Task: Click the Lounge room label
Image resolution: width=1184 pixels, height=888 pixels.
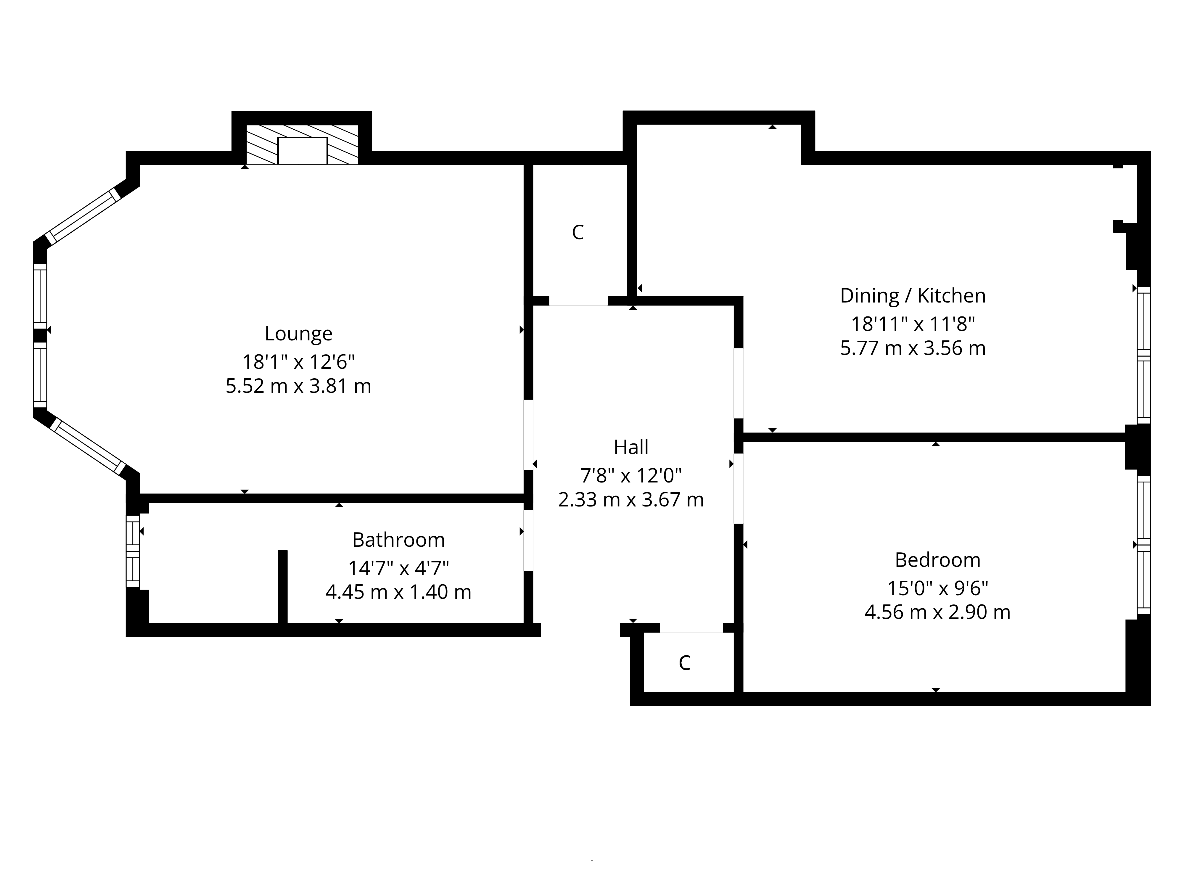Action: click(x=298, y=334)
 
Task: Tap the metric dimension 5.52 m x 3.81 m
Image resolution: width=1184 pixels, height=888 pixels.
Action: click(x=298, y=386)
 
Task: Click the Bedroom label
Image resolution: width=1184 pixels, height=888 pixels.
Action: click(x=937, y=560)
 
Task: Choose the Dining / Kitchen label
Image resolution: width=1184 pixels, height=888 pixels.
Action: click(x=913, y=295)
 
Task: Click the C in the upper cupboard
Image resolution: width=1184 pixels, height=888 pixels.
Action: click(x=577, y=232)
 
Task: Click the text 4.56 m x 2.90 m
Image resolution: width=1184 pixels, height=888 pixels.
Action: click(x=937, y=612)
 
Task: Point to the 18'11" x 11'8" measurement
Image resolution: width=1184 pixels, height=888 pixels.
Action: click(x=913, y=324)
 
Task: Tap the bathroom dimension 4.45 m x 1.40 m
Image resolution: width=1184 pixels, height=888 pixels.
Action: click(x=398, y=592)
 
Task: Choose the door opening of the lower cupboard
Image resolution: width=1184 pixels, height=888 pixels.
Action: click(x=691, y=628)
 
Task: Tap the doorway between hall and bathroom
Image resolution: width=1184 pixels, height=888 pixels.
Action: click(x=528, y=540)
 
